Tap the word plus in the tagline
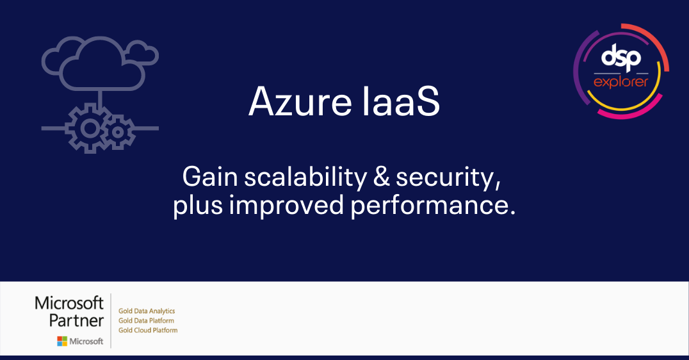coord(195,206)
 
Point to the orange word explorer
coord(620,82)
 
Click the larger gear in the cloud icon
coord(90,129)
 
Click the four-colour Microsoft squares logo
coord(61,341)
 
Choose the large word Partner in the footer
coord(76,320)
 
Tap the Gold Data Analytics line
coord(147,311)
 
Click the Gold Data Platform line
coord(146,320)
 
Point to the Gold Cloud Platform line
coord(148,330)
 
